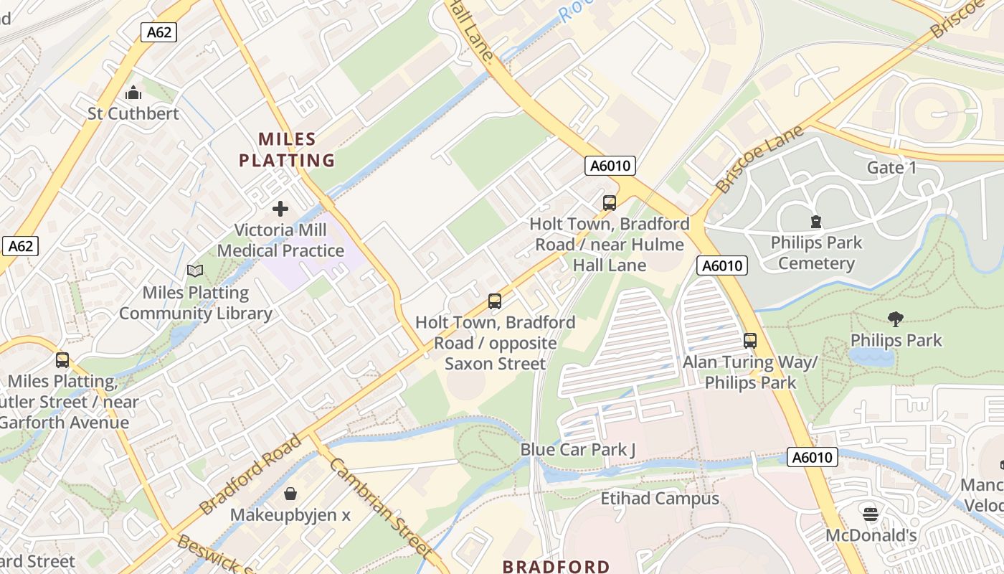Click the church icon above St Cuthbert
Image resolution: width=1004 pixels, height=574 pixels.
[133, 93]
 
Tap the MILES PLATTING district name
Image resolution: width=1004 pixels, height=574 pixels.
[287, 149]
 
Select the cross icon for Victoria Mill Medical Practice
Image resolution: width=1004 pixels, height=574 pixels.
[280, 209]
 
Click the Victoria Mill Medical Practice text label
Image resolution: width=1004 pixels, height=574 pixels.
[280, 240]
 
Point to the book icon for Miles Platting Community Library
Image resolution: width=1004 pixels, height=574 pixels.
[195, 270]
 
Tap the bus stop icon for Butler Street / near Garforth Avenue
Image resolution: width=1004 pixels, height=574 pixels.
[62, 360]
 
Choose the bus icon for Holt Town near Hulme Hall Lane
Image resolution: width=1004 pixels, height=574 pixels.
[610, 203]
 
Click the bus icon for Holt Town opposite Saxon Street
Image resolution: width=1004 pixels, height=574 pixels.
[495, 301]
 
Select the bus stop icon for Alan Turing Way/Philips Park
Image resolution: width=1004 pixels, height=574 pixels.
[750, 341]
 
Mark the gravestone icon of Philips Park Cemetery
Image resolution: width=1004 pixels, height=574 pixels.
[815, 221]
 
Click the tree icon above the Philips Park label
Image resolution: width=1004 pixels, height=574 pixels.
[895, 319]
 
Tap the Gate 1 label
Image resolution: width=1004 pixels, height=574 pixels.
[891, 168]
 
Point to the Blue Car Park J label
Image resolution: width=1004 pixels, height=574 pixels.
[578, 450]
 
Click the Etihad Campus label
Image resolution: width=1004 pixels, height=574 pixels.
[659, 498]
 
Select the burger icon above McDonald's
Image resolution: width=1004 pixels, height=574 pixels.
[871, 514]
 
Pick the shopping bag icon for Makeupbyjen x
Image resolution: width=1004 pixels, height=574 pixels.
[290, 494]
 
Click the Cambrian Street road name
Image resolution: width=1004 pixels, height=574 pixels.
[379, 507]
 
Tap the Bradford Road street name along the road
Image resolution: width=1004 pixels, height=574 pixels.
[250, 474]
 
